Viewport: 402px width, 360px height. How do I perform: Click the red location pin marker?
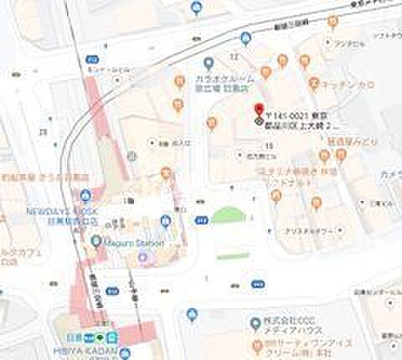point(258,109)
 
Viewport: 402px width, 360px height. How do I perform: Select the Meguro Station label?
point(129,241)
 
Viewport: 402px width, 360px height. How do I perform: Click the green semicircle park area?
point(225,215)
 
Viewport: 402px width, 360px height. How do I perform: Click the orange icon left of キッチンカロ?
point(314,83)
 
